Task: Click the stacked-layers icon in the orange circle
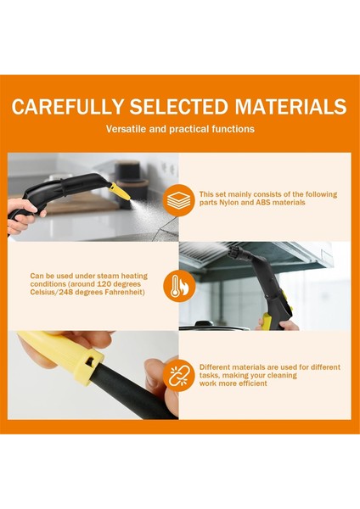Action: coord(179,199)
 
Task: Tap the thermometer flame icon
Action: coord(179,286)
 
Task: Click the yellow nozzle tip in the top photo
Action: coord(124,193)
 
